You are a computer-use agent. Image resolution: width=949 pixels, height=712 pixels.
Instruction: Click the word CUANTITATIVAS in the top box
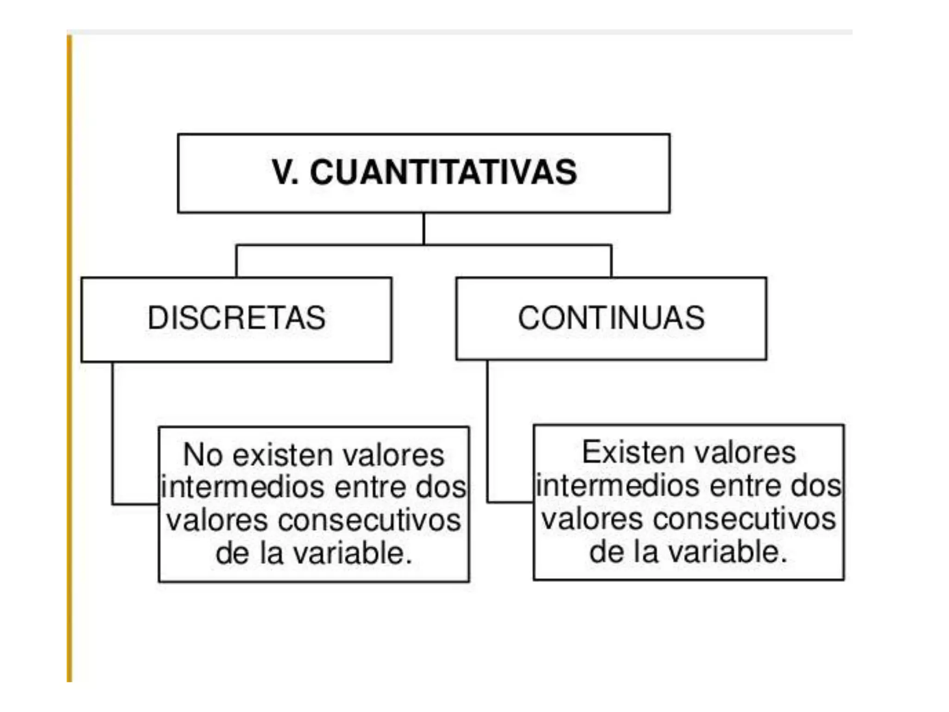443,172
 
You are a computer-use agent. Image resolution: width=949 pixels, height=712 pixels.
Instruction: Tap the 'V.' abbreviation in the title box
285,172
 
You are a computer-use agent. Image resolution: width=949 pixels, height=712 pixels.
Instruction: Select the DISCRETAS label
236,318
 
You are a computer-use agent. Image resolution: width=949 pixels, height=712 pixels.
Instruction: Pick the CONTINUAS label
611,318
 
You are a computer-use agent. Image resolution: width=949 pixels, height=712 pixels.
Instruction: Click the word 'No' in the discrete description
202,455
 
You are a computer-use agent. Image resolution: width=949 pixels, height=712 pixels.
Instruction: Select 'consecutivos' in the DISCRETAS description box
369,521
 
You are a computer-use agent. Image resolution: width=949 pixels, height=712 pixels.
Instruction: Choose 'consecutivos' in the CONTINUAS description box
744,519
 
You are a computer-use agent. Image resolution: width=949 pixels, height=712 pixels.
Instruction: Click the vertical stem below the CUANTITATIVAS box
424,229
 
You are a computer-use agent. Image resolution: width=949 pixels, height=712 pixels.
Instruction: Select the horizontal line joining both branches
510,245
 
